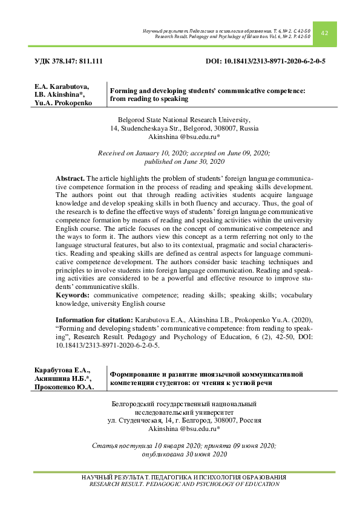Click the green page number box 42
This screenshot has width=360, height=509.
click(x=324, y=33)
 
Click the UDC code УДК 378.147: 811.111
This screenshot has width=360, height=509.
click(x=68, y=62)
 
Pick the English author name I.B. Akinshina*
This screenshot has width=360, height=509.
click(x=60, y=96)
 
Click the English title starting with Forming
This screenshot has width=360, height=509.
click(x=206, y=94)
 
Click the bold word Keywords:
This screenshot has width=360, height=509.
click(x=73, y=294)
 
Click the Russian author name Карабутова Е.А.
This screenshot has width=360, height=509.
click(x=62, y=370)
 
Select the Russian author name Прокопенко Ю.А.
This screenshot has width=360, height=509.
click(x=64, y=387)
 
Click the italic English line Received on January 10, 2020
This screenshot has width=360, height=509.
click(x=184, y=154)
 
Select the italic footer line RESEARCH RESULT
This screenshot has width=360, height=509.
click(x=184, y=484)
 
